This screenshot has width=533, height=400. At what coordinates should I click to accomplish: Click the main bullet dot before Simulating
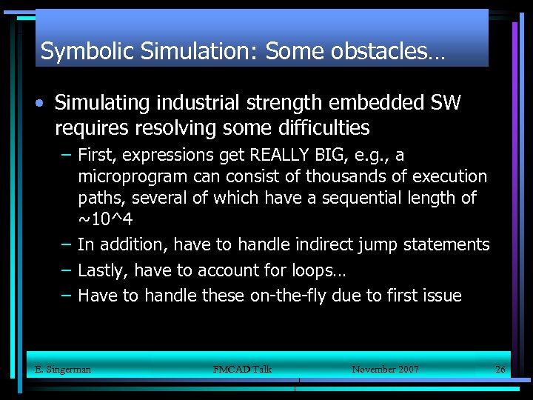coord(44,103)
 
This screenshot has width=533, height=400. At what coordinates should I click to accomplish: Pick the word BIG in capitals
coord(332,156)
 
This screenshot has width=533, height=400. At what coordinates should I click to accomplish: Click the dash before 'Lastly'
coord(66,270)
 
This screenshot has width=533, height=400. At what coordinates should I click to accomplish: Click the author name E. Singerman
coord(63,369)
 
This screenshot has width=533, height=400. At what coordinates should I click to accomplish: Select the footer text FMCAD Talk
coord(242,369)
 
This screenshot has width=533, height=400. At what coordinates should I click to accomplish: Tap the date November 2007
coord(385,369)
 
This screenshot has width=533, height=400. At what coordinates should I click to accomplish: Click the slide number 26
coord(500,369)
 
